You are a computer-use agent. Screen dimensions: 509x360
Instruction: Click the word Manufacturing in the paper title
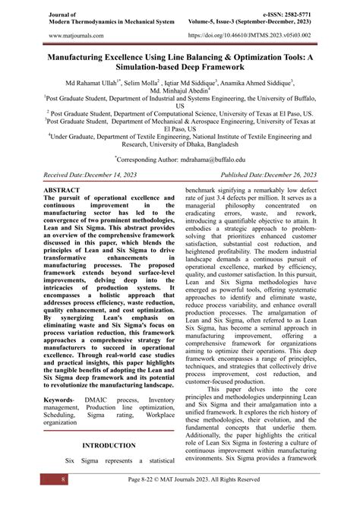click(85, 55)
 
